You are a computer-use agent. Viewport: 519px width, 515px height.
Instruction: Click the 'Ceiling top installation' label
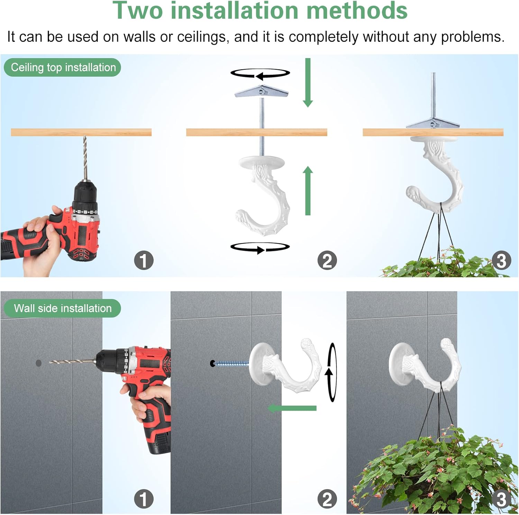(63, 67)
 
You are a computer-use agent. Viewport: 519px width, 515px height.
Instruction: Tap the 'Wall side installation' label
(63, 308)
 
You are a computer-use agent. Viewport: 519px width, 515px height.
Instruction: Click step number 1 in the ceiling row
(144, 260)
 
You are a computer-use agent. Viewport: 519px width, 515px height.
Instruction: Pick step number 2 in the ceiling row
(327, 260)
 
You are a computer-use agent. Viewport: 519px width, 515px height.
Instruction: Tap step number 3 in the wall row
(501, 499)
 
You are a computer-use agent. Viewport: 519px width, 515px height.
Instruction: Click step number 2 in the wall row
(327, 499)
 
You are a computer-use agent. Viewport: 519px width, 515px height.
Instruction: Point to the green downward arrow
(308, 83)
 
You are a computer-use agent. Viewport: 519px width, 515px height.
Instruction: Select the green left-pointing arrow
(292, 408)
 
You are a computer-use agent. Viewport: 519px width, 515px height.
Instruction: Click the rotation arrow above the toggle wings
(260, 74)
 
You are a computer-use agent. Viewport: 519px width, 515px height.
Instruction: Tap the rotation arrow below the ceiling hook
(260, 247)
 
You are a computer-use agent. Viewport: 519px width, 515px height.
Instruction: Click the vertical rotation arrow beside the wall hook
(331, 373)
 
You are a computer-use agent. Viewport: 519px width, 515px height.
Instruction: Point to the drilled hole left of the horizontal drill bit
(38, 363)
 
